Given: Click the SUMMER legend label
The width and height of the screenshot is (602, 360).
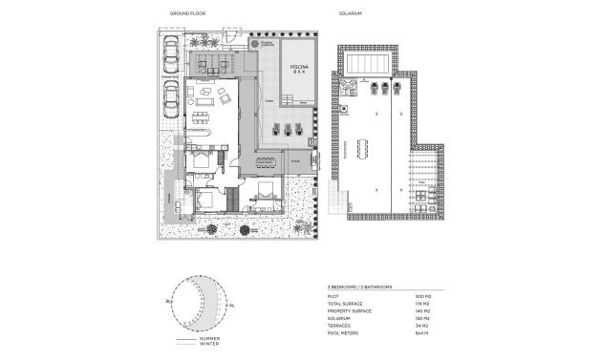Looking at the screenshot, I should tap(209, 339).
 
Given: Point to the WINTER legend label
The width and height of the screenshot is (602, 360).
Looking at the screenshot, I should tap(208, 346).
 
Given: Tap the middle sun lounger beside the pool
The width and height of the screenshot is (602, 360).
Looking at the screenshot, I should tap(288, 131).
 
